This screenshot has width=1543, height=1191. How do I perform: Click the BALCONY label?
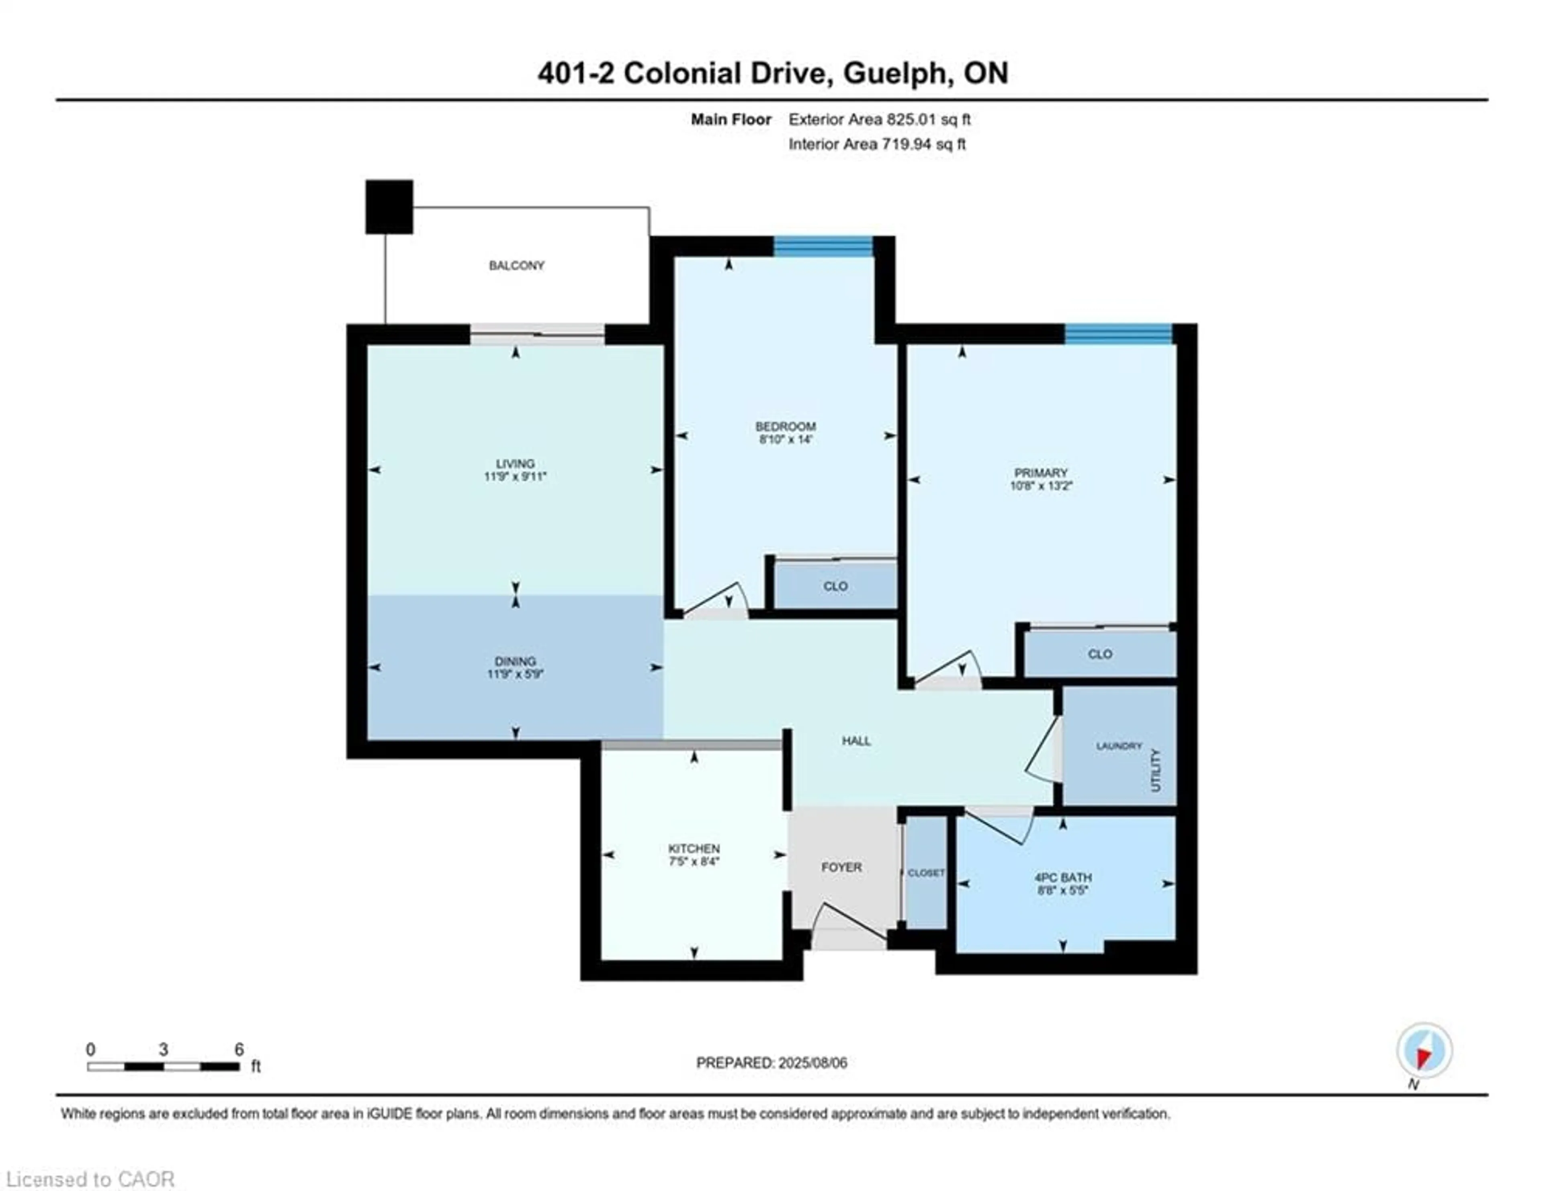pyautogui.click(x=516, y=266)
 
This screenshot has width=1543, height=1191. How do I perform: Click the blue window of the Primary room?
pyautogui.click(x=1118, y=334)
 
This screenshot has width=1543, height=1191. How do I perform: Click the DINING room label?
pyautogui.click(x=515, y=661)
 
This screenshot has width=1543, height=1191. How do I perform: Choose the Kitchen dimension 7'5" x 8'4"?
pyautogui.click(x=694, y=861)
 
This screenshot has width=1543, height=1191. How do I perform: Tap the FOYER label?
pyautogui.click(x=841, y=867)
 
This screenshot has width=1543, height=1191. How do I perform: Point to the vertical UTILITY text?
pyautogui.click(x=1156, y=770)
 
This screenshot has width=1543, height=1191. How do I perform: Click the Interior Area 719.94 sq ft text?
pyautogui.click(x=877, y=144)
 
